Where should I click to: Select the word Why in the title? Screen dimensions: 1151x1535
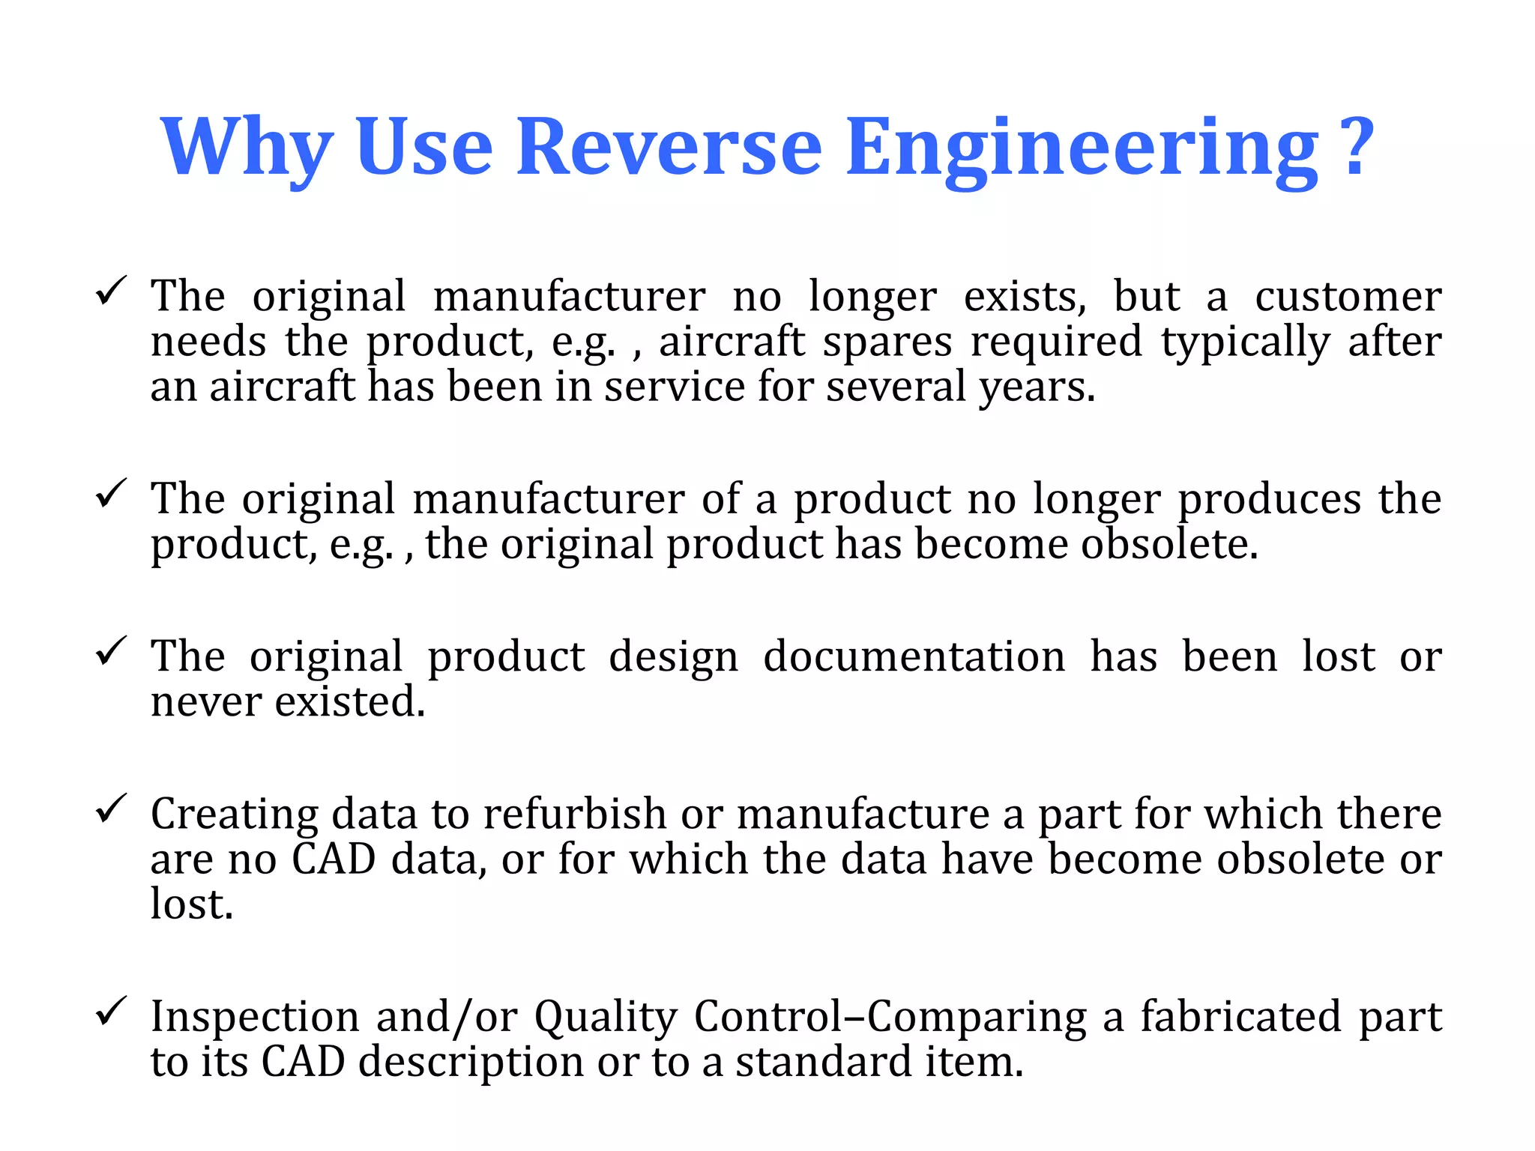tap(247, 148)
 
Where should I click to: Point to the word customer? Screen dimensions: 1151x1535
tap(1348, 297)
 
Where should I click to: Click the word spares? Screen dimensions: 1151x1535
tap(887, 342)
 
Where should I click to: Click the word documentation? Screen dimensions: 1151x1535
tap(914, 657)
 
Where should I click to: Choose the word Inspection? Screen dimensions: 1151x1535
tap(255, 1018)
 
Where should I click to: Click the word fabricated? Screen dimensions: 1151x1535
tap(1240, 1017)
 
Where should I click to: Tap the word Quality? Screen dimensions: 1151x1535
tap(606, 1018)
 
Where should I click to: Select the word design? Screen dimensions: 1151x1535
tap(673, 659)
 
